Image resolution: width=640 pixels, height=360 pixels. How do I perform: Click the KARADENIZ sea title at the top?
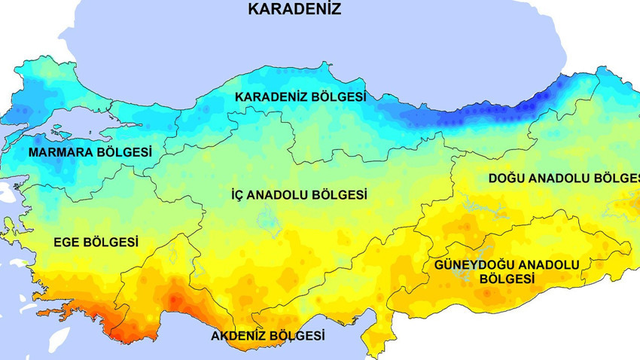click(x=294, y=10)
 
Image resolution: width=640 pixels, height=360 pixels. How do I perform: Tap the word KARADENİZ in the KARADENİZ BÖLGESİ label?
click(x=271, y=97)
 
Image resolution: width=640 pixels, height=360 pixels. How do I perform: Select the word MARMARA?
click(x=59, y=152)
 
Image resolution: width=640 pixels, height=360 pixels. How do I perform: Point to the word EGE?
click(x=67, y=243)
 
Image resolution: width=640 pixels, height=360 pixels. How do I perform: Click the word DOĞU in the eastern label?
click(x=507, y=178)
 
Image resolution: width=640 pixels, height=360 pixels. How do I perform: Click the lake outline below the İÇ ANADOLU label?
click(x=266, y=219)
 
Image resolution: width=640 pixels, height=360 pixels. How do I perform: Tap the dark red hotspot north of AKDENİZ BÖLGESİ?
click(x=175, y=300)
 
